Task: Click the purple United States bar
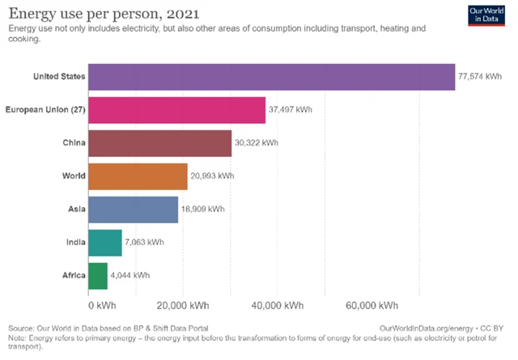(271, 77)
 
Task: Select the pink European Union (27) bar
(176, 110)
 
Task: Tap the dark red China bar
(159, 143)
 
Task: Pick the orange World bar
(138, 176)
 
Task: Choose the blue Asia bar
(133, 210)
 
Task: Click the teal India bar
(105, 242)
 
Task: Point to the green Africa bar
(98, 275)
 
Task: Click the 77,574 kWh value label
(479, 77)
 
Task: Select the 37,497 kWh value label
(291, 110)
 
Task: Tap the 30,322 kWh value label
(257, 143)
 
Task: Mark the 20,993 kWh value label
(213, 176)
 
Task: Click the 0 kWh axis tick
(101, 306)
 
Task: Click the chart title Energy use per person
(104, 13)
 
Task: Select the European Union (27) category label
(45, 110)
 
